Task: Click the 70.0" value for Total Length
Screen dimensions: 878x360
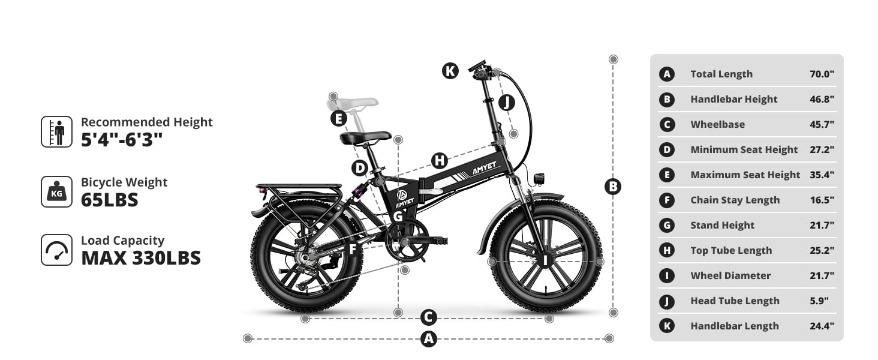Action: (x=822, y=74)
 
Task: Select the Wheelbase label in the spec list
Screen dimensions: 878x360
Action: (x=718, y=124)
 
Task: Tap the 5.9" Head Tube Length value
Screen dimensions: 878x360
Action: (x=819, y=301)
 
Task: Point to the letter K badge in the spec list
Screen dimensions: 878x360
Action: (x=667, y=326)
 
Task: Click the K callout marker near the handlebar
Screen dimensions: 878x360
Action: (x=450, y=71)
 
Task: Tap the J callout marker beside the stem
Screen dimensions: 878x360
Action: (x=507, y=103)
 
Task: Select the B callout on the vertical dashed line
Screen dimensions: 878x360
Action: (x=613, y=187)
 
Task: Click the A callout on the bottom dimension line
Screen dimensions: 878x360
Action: (x=429, y=339)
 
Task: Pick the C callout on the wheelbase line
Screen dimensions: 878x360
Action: (x=428, y=317)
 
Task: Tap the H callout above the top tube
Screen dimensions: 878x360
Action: (x=440, y=161)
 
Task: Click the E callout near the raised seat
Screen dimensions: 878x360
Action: (x=339, y=118)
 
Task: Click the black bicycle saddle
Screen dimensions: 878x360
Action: (x=365, y=137)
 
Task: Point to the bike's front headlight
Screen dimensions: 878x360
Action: (x=539, y=178)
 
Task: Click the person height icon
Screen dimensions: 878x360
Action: (x=57, y=132)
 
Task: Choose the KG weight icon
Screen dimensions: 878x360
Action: (x=57, y=192)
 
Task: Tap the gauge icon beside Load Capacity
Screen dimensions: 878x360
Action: (x=57, y=250)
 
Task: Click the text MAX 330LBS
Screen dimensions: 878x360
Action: (x=141, y=258)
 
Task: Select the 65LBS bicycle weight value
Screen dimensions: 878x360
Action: (x=110, y=200)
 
